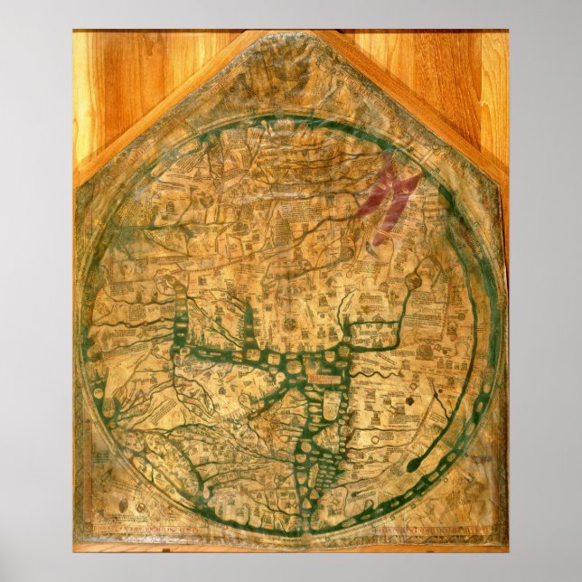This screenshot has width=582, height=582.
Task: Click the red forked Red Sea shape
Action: tap(390, 194)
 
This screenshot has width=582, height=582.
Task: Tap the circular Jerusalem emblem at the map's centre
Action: tap(290, 323)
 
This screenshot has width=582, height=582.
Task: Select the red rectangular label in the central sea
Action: tap(321, 368)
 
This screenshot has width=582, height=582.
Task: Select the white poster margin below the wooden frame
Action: tap(291, 565)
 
